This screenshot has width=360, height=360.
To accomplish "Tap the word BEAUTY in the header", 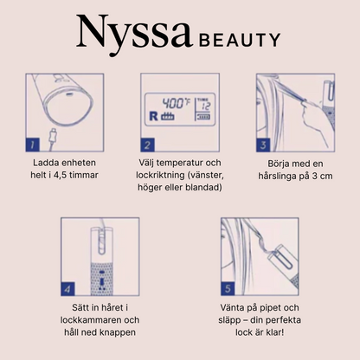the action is click(240, 40).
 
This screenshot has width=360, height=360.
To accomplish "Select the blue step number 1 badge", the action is click(33, 145).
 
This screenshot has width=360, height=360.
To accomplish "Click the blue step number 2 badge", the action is click(148, 145).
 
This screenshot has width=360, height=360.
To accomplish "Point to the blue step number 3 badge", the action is click(263, 145).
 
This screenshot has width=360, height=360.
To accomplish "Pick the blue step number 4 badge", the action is click(67, 289).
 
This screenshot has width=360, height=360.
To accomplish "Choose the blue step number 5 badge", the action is click(228, 289).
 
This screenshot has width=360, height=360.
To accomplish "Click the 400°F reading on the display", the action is click(176, 103).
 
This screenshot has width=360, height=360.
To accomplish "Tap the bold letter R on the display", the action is click(153, 116).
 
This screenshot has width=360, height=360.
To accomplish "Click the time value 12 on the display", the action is click(206, 106).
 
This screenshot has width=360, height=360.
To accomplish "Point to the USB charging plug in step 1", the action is click(53, 136).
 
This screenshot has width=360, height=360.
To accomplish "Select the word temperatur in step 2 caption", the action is click(180, 163).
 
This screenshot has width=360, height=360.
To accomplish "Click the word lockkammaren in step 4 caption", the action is click(92, 320).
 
